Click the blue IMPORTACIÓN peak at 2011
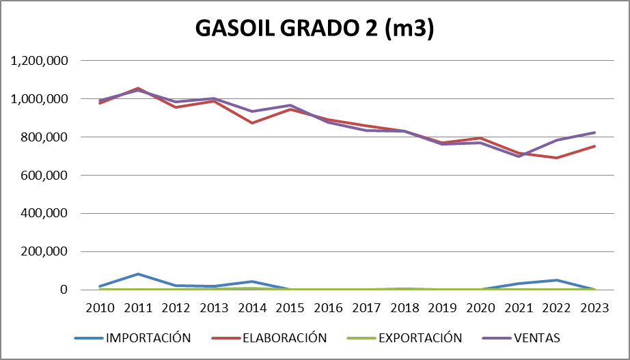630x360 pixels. (138, 274)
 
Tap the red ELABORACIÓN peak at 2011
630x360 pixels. (138, 88)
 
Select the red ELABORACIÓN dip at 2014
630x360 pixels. (252, 123)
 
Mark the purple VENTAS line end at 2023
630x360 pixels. (594, 133)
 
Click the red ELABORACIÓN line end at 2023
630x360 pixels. (594, 146)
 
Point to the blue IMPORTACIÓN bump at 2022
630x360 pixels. (556, 280)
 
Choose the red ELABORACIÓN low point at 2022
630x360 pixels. (556, 158)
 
